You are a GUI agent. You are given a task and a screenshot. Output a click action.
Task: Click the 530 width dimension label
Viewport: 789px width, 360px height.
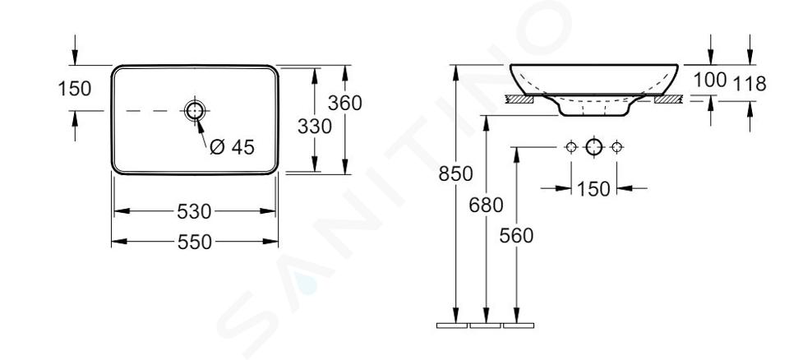click(x=194, y=211)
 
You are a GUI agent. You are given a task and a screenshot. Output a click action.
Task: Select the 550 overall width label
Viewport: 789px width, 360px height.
click(x=195, y=242)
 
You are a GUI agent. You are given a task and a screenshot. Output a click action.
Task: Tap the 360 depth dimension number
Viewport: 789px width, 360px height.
click(x=344, y=103)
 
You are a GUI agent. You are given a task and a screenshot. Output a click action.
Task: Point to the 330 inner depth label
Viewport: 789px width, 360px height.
click(x=315, y=126)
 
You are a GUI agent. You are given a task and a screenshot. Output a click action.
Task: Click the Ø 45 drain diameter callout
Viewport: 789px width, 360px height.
click(x=233, y=147)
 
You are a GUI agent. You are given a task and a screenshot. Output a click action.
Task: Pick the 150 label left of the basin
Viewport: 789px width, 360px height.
click(x=75, y=89)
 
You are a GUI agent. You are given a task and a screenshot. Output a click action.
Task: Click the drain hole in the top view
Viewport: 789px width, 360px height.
click(x=195, y=111)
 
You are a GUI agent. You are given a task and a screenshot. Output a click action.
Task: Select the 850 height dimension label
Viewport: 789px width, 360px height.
click(x=455, y=173)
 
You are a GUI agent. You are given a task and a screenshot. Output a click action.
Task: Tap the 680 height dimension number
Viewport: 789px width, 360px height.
click(x=486, y=205)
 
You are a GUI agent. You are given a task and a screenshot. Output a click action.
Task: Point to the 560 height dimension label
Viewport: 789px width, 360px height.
click(x=516, y=235)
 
